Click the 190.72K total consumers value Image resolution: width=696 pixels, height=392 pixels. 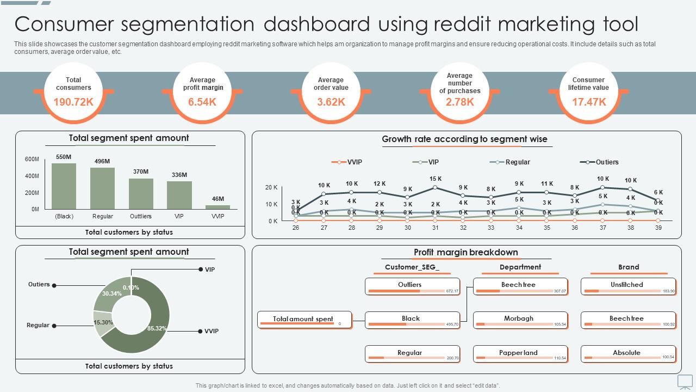pyautogui.click(x=73, y=102)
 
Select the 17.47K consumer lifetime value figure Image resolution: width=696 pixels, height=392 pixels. pyautogui.click(x=589, y=102)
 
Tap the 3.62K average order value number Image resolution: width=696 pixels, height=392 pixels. pyautogui.click(x=331, y=102)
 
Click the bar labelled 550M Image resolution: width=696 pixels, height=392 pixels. pyautogui.click(x=64, y=186)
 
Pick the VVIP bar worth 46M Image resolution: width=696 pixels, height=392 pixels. pyautogui.click(x=217, y=207)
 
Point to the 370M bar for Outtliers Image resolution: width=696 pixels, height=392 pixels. pyautogui.click(x=141, y=193)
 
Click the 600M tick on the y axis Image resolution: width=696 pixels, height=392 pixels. pyautogui.click(x=32, y=159)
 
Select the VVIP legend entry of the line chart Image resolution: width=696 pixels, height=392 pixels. pyautogui.click(x=354, y=162)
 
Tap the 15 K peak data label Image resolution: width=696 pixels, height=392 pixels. pyautogui.click(x=436, y=179)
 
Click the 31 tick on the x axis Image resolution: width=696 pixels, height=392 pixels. pyautogui.click(x=436, y=228)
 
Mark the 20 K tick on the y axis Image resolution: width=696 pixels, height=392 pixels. pyautogui.click(x=272, y=187)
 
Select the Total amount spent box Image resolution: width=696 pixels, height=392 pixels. pyautogui.click(x=304, y=320)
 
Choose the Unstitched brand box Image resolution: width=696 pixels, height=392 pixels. pyautogui.click(x=627, y=286)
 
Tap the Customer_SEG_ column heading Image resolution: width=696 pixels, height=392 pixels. pyautogui.click(x=412, y=267)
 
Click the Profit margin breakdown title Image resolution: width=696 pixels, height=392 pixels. pyautogui.click(x=465, y=252)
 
